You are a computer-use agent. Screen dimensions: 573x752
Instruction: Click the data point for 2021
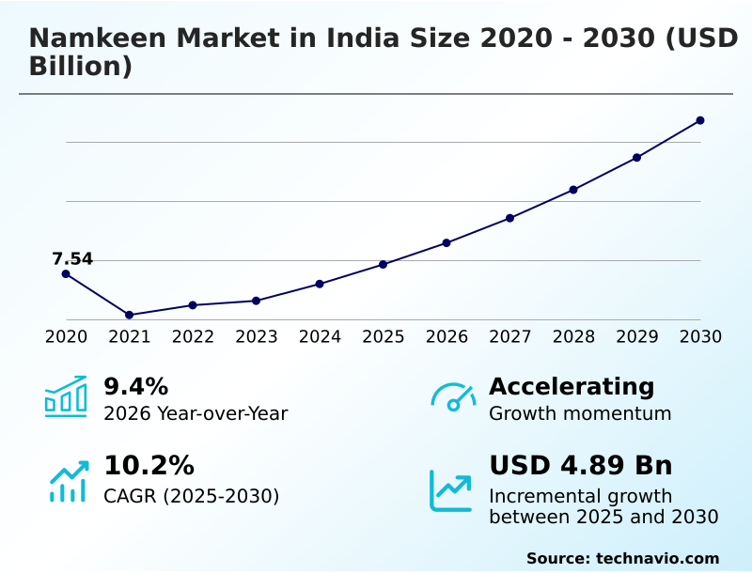pyautogui.click(x=129, y=315)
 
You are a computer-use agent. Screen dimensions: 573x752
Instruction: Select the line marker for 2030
pyautogui.click(x=700, y=120)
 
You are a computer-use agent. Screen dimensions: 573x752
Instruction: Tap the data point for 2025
pyautogui.click(x=384, y=264)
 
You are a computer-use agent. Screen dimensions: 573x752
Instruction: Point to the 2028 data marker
pyautogui.click(x=573, y=190)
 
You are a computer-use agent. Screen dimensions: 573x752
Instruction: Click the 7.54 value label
pyautogui.click(x=72, y=259)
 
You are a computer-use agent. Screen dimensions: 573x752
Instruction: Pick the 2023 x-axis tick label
pyautogui.click(x=257, y=336)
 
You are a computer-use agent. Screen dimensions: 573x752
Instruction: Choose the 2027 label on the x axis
pyautogui.click(x=510, y=336)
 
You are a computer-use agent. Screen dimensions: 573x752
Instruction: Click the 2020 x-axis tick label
pyautogui.click(x=66, y=336)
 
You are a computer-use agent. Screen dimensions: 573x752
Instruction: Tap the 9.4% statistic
pyautogui.click(x=135, y=386)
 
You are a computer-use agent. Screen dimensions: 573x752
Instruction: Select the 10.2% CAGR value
pyautogui.click(x=149, y=466)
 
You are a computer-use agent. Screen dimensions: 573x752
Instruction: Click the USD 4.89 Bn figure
pyautogui.click(x=580, y=466)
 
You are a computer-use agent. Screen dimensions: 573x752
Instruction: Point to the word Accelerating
pyautogui.click(x=572, y=386)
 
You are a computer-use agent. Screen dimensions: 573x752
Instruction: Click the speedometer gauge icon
pyautogui.click(x=453, y=397)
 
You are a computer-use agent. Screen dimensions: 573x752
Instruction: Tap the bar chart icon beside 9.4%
pyautogui.click(x=66, y=397)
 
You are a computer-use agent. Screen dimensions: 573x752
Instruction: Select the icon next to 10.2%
pyautogui.click(x=68, y=481)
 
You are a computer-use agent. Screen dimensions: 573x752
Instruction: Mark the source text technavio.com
pyautogui.click(x=657, y=558)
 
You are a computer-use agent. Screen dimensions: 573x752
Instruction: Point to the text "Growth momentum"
pyautogui.click(x=580, y=413)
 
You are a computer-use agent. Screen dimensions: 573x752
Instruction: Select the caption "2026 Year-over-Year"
pyautogui.click(x=196, y=413)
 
